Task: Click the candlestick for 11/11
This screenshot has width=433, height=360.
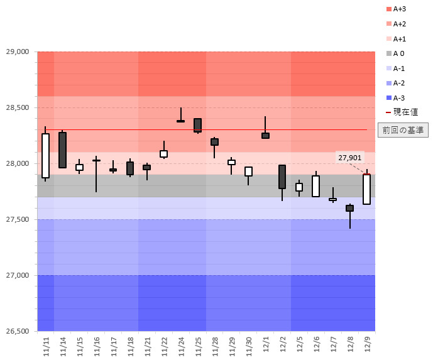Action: [45, 156]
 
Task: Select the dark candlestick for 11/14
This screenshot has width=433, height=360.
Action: [62, 150]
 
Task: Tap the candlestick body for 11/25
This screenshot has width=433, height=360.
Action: [197, 125]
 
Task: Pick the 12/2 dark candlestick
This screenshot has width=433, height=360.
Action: [282, 177]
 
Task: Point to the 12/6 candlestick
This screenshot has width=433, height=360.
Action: [316, 186]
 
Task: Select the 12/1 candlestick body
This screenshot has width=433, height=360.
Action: [265, 136]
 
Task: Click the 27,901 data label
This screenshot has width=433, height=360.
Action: [349, 158]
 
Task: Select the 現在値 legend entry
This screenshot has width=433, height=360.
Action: [401, 112]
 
